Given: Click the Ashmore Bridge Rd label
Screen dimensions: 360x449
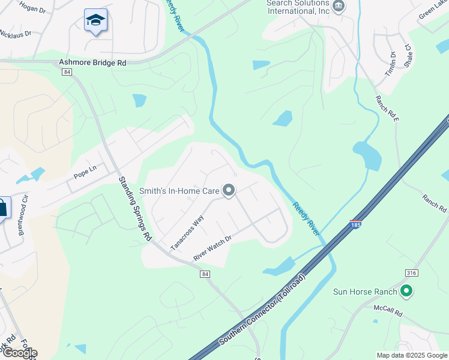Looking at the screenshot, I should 92,62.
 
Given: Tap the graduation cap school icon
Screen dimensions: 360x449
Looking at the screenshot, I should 95,21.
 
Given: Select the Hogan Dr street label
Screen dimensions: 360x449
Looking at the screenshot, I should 32,9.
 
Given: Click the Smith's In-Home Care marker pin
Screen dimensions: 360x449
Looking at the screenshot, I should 229,191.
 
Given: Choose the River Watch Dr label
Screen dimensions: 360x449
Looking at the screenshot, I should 212,247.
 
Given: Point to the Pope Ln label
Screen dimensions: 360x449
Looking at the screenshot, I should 85,173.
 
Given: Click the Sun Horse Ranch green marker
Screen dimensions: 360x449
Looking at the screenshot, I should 406,292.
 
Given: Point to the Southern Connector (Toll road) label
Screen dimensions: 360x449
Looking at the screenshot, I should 264,311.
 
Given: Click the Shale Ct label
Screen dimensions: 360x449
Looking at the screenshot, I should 407,56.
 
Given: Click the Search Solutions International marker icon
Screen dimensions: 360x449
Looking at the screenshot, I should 339,7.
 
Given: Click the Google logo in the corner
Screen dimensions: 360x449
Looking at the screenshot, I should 20,353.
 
